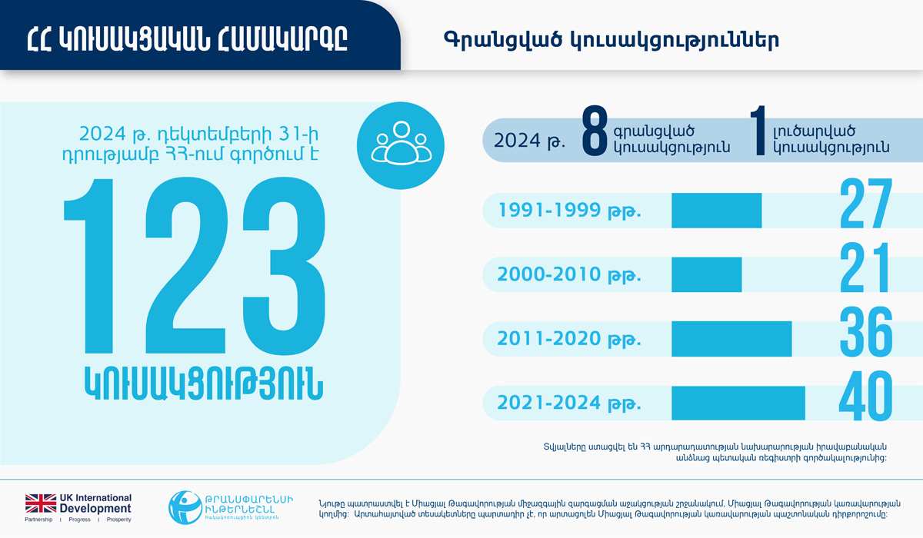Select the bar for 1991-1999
(716, 210)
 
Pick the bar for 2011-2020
(731, 338)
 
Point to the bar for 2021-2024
(738, 403)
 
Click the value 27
(865, 204)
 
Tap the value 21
(865, 269)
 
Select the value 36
(865, 333)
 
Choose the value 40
(865, 397)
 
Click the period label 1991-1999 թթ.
(569, 211)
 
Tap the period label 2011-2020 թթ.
(569, 339)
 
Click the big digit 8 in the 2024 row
(595, 134)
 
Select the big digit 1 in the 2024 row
(758, 134)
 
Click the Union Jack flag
(41, 503)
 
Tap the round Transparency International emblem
(185, 506)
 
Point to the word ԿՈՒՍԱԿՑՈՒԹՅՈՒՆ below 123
(203, 382)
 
